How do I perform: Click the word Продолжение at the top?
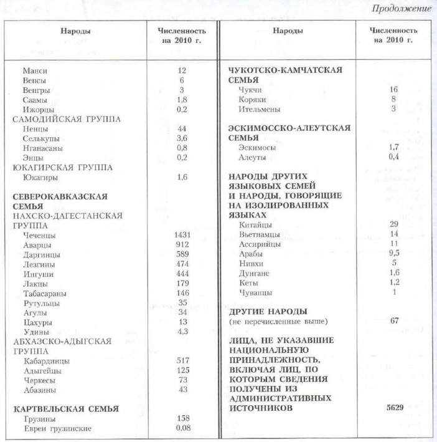(x=402, y=8)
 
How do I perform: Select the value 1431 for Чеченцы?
(x=182, y=235)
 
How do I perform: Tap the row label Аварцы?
(x=37, y=245)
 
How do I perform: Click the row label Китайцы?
(x=255, y=224)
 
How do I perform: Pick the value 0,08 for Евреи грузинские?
(x=182, y=428)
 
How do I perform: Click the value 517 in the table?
(x=182, y=361)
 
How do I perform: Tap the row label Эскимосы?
(x=257, y=148)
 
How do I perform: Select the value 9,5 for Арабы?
(x=393, y=254)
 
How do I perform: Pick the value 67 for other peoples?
(x=393, y=321)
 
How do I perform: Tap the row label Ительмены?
(x=259, y=109)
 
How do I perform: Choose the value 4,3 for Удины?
(x=182, y=332)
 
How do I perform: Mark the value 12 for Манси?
(x=182, y=71)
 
